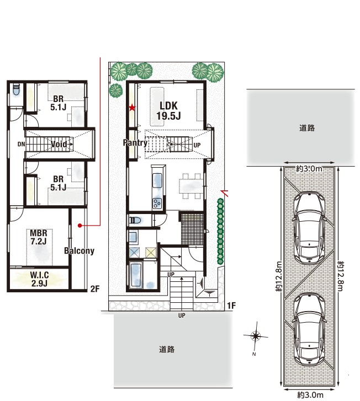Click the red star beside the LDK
point(132,108)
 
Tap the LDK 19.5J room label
point(168,111)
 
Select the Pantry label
point(135,143)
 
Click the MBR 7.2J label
point(39,237)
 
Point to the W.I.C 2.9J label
point(39,279)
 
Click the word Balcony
point(79,251)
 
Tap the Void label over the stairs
point(59,144)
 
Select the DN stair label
point(21,144)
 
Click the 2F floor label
point(95,289)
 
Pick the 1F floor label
point(231,306)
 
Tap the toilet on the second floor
point(16,89)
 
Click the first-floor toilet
point(135,220)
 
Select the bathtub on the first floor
point(136,275)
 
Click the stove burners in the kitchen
point(157,204)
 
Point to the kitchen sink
point(157,181)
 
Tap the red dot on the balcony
point(80,226)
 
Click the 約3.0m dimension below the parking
point(310,395)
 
